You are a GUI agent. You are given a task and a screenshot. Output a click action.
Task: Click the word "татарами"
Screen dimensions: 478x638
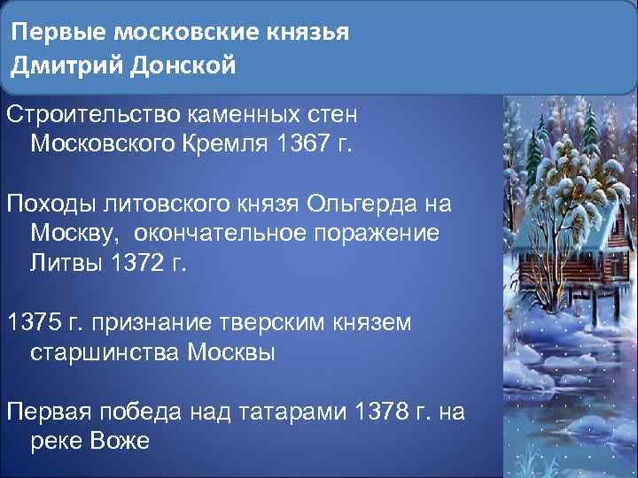(295, 411)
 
